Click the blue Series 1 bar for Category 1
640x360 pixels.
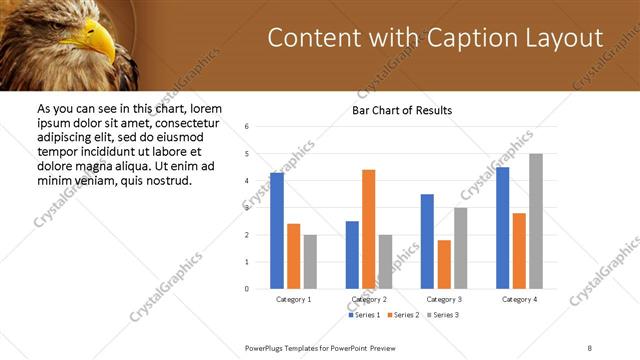[x=277, y=231]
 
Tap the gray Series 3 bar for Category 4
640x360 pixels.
[x=535, y=221]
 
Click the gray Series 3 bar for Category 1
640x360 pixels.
[x=310, y=262]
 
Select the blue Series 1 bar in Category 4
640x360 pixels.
[x=502, y=228]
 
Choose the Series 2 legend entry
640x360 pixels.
[x=402, y=315]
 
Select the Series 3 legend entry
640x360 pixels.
[x=441, y=315]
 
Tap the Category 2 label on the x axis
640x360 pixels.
[x=368, y=299]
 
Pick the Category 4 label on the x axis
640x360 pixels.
[x=518, y=299]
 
